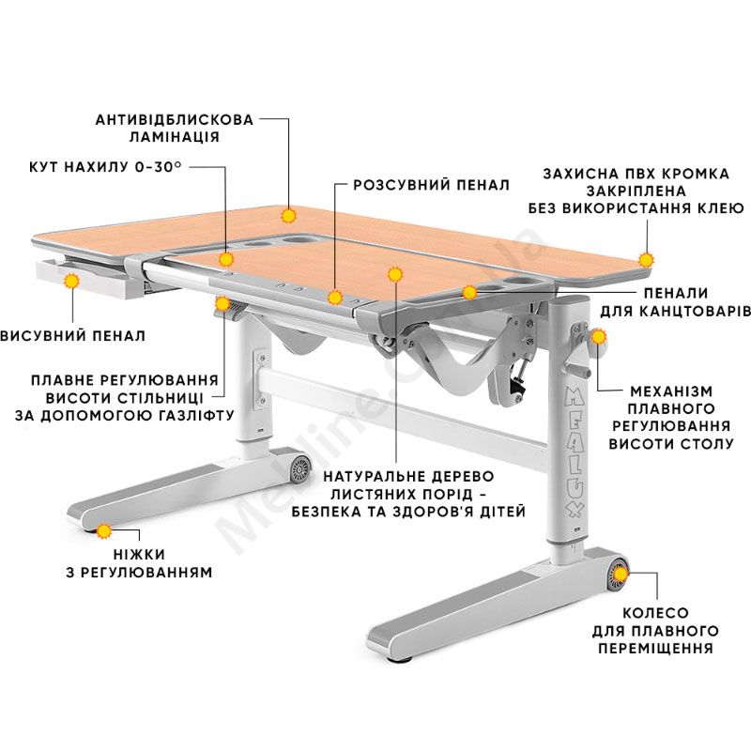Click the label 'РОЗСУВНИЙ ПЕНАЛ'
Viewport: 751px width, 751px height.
tap(431, 185)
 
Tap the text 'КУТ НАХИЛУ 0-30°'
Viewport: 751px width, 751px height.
tap(105, 167)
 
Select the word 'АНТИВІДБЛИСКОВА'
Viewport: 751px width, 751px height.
tap(175, 119)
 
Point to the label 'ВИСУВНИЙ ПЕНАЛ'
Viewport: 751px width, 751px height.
tap(73, 335)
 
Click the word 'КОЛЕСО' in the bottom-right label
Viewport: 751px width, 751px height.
tap(655, 613)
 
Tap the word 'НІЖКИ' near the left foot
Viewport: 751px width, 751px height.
tap(139, 554)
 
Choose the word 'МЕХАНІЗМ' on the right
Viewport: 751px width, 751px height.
tap(671, 391)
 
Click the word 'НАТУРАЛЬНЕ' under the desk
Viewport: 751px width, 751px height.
tap(372, 477)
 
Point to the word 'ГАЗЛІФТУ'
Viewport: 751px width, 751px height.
tap(192, 415)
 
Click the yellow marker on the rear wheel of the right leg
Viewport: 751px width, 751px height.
tap(621, 574)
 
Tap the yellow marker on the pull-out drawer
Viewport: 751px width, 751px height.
tap(72, 281)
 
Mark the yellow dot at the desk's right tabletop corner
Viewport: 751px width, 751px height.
tap(646, 260)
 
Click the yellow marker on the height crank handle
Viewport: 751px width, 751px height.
tap(598, 337)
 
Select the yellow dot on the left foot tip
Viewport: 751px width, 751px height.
tap(104, 531)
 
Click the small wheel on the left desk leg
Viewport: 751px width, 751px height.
tap(300, 468)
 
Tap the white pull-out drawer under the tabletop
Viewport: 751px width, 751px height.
tap(86, 278)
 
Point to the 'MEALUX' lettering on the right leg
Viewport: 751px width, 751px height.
tap(575, 452)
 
